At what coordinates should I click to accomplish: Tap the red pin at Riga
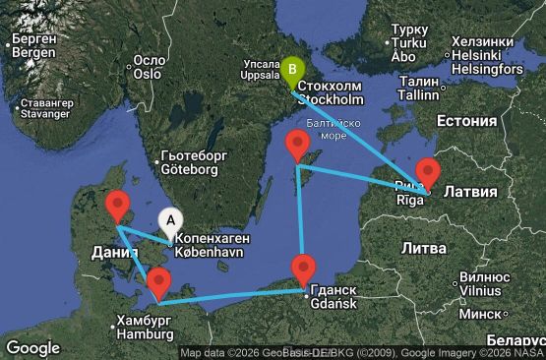(x=427, y=172)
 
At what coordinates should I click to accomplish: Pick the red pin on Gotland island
(x=297, y=147)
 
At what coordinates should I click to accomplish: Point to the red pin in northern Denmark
(x=117, y=207)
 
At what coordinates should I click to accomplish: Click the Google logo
(x=32, y=347)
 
